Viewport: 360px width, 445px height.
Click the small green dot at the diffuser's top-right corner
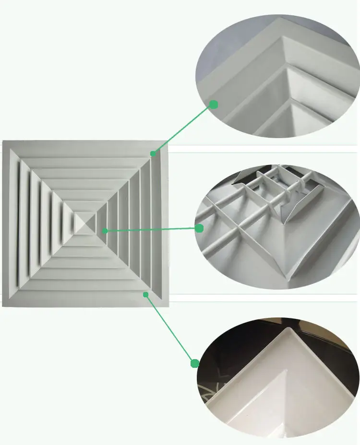(153, 153)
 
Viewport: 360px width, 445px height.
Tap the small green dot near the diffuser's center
(105, 231)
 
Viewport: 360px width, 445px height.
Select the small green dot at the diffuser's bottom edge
(145, 294)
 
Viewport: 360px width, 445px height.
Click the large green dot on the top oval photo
(214, 104)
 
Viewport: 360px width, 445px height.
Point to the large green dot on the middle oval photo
(199, 228)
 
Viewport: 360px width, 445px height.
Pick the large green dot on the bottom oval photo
(195, 363)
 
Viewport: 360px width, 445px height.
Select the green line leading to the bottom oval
(170, 328)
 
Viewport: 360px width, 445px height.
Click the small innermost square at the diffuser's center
(85, 223)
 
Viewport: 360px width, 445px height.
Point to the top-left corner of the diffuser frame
(3, 141)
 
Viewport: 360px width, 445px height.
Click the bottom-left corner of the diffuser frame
(3, 305)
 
